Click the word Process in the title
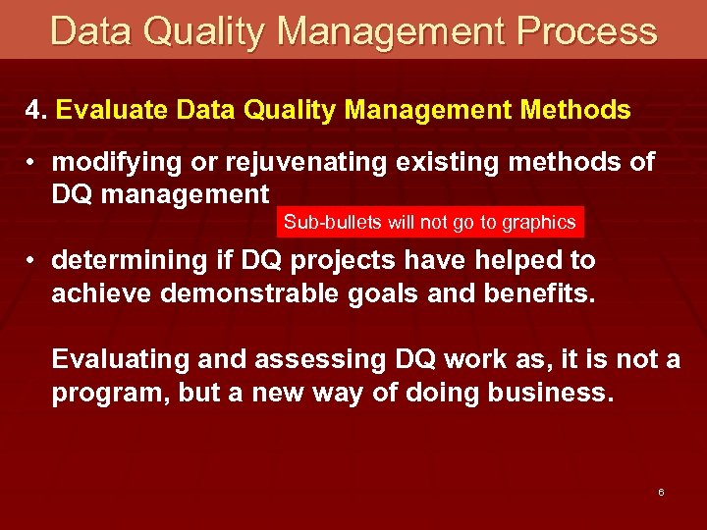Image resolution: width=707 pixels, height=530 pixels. (589, 31)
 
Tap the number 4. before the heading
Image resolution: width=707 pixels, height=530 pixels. (36, 111)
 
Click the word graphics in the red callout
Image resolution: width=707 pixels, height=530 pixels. (539, 223)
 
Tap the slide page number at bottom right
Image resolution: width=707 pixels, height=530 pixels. (661, 492)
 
